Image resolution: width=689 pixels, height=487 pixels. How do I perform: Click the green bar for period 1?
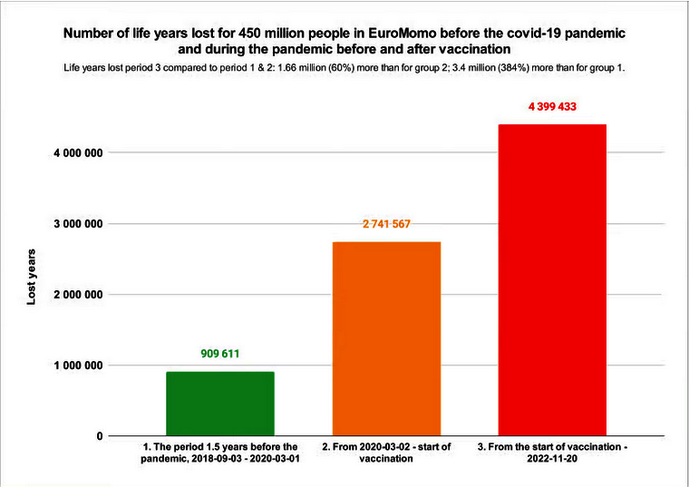tap(220, 404)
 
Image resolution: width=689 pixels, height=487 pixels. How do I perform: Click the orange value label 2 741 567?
tap(387, 225)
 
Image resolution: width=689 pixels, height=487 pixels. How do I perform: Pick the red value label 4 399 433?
tap(553, 106)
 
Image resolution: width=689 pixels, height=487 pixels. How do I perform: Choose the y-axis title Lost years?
tap(31, 277)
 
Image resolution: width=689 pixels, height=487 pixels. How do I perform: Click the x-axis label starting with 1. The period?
tap(220, 453)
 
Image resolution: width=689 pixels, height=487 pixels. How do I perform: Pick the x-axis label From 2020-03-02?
tap(387, 453)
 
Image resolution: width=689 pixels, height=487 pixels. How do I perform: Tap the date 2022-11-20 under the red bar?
tap(553, 461)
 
